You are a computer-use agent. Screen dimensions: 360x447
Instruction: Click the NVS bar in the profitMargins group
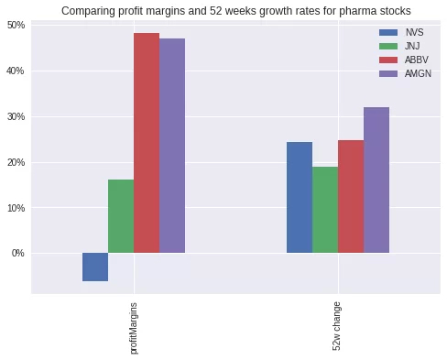pos(95,267)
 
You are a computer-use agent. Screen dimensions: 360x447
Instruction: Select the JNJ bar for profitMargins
pos(121,216)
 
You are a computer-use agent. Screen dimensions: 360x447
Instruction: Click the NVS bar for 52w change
pos(300,198)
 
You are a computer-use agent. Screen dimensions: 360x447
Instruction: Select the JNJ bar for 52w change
pos(325,210)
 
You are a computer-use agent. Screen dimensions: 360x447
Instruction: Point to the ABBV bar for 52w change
pos(351,197)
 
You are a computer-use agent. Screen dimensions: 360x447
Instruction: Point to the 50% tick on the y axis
pos(16,25)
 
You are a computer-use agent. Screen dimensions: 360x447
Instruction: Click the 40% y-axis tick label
pos(16,71)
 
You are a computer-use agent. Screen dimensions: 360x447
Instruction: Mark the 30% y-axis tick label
pos(16,116)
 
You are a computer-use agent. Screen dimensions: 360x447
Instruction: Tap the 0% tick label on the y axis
pos(18,253)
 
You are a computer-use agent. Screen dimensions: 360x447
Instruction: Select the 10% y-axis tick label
pos(16,207)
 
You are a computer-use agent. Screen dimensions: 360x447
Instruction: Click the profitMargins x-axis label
pos(135,325)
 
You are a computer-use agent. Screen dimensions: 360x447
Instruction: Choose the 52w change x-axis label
pos(339,324)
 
